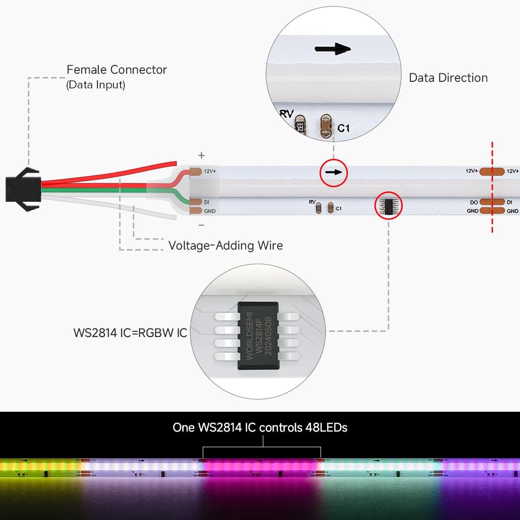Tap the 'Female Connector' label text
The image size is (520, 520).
coord(117,70)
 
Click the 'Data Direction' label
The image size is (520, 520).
coord(448,78)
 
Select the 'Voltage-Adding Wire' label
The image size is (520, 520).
coord(225,246)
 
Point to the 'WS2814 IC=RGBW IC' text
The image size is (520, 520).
coord(130,333)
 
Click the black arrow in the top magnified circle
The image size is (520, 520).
coord(333,49)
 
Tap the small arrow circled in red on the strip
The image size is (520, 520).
coord(334,173)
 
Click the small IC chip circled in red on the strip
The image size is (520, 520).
coord(388,206)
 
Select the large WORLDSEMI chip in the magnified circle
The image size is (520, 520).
coord(258,336)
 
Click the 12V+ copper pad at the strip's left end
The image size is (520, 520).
coord(196,171)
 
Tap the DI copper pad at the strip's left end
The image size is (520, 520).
coord(196,202)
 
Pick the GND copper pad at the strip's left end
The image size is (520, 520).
coord(196,211)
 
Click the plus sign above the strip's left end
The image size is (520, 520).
coord(201,156)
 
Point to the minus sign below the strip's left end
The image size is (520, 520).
coord(201,225)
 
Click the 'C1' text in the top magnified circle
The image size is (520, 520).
coord(344,128)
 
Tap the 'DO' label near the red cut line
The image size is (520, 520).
coord(474,202)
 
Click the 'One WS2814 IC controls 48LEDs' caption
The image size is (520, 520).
coord(260,428)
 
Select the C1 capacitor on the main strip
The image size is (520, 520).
coord(331,208)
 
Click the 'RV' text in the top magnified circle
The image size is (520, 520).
coord(286,113)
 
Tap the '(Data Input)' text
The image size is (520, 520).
coord(96,85)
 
